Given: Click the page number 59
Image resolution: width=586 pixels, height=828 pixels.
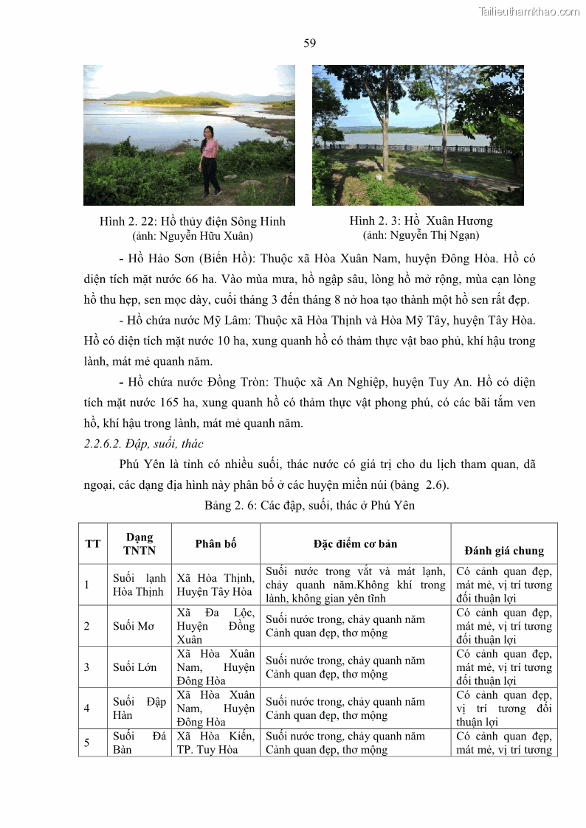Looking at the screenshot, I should click(x=310, y=44).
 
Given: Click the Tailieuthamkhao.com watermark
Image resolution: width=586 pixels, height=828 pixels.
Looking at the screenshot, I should click(x=529, y=11).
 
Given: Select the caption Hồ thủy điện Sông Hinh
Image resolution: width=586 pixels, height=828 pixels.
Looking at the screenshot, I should click(x=193, y=221).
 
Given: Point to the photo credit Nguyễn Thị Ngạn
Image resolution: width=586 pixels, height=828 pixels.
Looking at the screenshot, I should click(x=421, y=235).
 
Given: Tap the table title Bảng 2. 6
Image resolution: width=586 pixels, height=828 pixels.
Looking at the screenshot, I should click(x=309, y=505).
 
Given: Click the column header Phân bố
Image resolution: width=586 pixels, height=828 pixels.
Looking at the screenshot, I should click(x=216, y=544).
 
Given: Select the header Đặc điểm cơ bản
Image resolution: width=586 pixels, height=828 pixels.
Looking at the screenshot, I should click(x=355, y=544).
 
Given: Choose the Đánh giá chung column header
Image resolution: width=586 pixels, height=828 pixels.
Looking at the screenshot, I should click(x=504, y=551).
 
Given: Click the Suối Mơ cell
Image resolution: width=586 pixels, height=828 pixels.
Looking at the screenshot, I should click(x=134, y=626).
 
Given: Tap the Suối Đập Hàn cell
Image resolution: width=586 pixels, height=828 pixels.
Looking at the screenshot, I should click(x=139, y=709).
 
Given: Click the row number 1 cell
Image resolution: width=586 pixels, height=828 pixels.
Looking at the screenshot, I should click(x=87, y=585).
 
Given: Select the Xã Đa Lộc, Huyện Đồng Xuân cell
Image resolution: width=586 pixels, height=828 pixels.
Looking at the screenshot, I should click(x=216, y=626).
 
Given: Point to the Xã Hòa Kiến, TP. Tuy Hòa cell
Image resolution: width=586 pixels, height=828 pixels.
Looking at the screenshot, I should click(x=216, y=743).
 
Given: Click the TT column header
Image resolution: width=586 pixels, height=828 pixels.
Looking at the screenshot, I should click(x=93, y=544).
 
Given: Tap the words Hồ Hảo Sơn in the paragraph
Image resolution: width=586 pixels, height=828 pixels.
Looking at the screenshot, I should click(x=160, y=259).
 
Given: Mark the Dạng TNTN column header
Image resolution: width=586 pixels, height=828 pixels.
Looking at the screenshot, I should click(x=139, y=544).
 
